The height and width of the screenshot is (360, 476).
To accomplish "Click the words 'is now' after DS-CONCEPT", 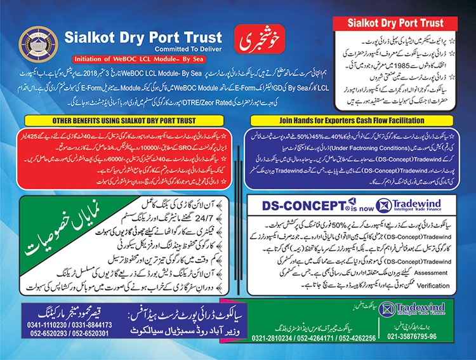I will click(x=357, y=206).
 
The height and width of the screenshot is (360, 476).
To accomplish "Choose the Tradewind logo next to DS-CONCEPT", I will click(x=406, y=205).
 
